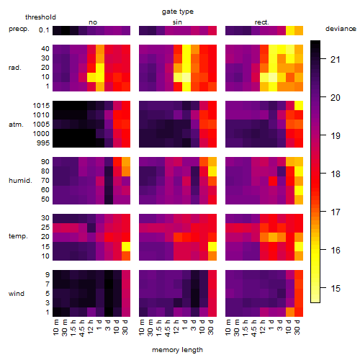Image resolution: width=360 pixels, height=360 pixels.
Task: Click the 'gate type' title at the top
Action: tap(178, 12)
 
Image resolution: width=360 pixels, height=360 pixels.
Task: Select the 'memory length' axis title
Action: tap(177, 350)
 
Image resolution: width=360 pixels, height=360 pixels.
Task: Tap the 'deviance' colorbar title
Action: tap(341, 29)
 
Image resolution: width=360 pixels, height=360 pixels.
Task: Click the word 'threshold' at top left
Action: tap(40, 17)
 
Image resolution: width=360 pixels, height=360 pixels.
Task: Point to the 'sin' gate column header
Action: tap(177, 22)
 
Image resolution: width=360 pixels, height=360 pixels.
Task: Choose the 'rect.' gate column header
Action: tap(261, 22)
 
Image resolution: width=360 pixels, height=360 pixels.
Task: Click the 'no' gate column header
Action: tap(93, 22)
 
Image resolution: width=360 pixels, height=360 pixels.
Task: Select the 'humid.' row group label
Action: tap(20, 181)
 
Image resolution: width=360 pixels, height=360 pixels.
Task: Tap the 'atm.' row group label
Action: tap(16, 125)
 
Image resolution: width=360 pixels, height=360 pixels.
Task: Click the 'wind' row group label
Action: tap(17, 294)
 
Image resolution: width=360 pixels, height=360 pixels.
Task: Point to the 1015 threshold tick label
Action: tap(41, 106)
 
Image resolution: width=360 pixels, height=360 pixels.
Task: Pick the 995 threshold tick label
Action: tap(43, 143)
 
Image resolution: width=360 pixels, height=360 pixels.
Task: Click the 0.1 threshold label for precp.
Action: tap(44, 30)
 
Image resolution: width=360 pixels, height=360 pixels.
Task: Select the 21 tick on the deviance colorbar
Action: tap(336, 59)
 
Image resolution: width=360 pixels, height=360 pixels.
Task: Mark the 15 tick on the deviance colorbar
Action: tap(336, 288)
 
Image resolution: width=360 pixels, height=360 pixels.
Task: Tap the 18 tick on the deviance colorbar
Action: tap(336, 174)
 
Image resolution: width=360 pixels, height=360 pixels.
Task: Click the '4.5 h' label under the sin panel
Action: tap(168, 328)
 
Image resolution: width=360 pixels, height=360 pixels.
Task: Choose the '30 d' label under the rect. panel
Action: tap(297, 327)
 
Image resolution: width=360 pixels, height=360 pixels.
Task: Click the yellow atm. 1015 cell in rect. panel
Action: tap(299, 106)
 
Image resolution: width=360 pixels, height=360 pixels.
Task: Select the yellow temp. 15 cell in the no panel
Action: tap(126, 246)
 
